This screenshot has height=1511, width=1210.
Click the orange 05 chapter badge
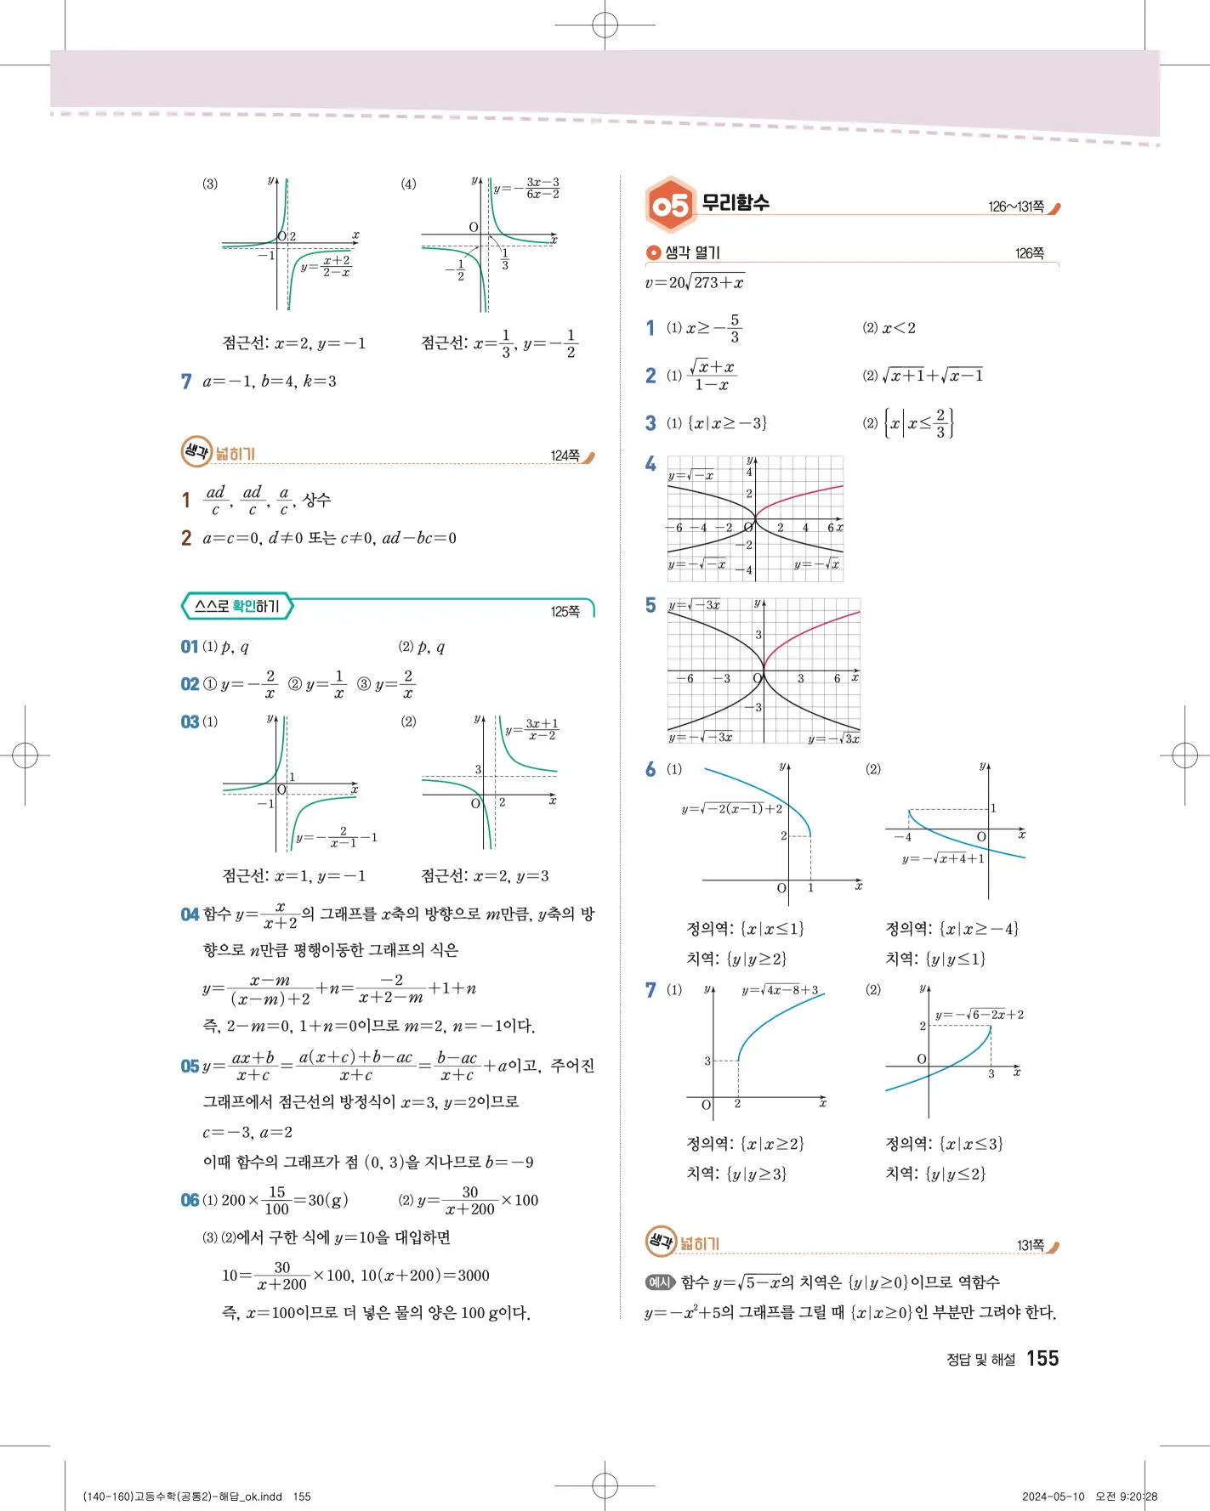670,205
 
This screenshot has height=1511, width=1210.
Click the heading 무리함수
735,203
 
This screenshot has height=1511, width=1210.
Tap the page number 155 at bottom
1042,1358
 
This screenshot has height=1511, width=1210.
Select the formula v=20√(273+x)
694,282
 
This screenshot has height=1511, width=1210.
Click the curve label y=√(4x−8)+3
780,990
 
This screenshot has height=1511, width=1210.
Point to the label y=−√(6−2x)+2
979,1015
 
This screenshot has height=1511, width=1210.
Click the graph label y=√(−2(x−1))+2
731,809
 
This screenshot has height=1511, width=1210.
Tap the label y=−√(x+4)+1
943,859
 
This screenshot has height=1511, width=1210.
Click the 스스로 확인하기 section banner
237,606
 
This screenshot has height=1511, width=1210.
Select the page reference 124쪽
565,456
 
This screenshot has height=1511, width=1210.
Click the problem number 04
189,914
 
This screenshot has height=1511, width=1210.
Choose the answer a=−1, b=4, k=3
270,382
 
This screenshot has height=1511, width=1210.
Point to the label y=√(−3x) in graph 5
695,605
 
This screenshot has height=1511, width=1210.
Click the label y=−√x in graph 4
816,564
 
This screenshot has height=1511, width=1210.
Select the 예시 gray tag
660,1282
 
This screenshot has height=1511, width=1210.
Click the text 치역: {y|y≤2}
935,1174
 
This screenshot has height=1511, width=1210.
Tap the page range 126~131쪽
1016,207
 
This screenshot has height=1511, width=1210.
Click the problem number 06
189,1200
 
